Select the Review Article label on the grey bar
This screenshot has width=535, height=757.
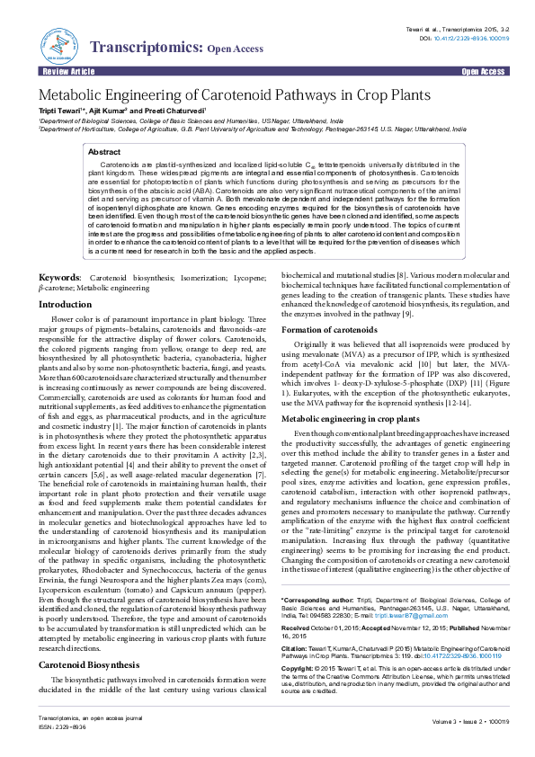pyautogui.click(x=64, y=69)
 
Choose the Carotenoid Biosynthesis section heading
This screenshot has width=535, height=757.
pyautogui.click(x=89, y=639)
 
